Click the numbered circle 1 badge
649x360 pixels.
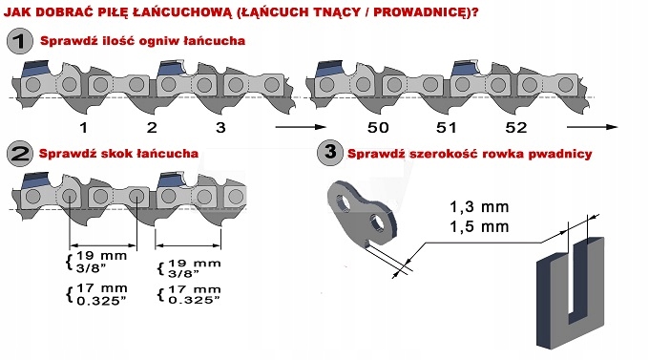tap(18, 42)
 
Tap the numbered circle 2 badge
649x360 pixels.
tap(18, 153)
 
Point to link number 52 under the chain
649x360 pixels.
tap(517, 127)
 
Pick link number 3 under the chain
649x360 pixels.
tap(221, 127)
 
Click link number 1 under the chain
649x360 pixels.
tap(83, 127)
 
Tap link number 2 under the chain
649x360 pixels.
tap(152, 127)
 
